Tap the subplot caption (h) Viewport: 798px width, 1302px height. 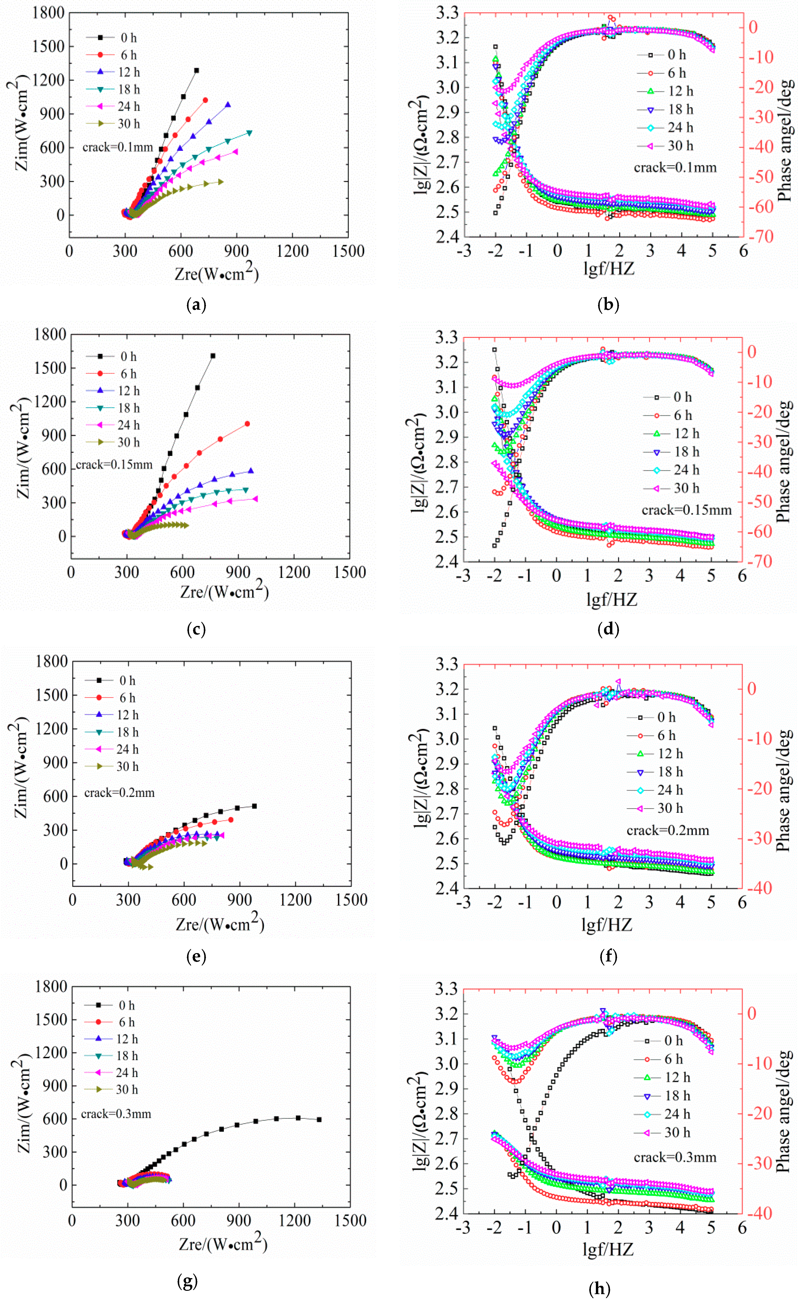[599, 1289]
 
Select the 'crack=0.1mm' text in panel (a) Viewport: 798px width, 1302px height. [117, 147]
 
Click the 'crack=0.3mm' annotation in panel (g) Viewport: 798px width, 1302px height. [116, 1114]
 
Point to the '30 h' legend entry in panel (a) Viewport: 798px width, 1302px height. [128, 124]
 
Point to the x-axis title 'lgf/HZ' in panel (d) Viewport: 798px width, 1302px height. [611, 599]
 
